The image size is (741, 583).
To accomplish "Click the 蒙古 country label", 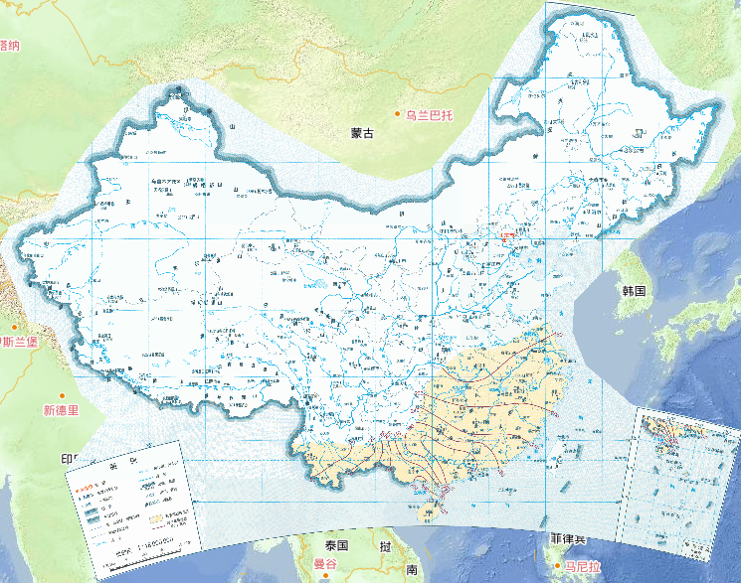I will (362, 133).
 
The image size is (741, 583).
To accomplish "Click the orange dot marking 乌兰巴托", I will (398, 116).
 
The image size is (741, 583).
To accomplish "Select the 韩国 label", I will (635, 291).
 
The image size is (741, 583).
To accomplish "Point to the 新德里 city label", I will (61, 410).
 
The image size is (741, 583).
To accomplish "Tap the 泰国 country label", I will (337, 546).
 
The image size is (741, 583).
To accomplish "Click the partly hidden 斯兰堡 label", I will (18, 343).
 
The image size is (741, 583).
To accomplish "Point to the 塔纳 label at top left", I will (10, 45).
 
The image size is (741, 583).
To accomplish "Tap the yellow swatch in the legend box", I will (156, 516).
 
